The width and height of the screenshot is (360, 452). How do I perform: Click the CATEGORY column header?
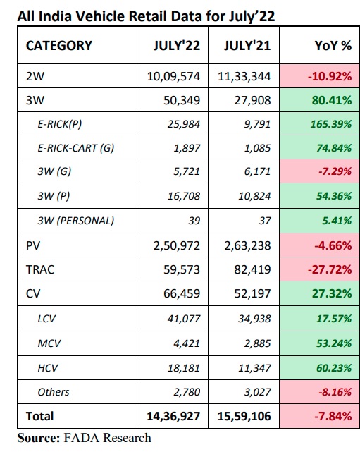click(59, 46)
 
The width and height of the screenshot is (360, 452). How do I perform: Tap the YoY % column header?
click(333, 46)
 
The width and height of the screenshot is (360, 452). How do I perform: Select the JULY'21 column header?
click(247, 46)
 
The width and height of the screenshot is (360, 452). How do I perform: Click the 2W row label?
click(35, 76)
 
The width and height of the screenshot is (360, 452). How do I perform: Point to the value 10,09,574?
click(173, 76)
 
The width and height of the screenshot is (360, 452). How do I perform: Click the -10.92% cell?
click(330, 76)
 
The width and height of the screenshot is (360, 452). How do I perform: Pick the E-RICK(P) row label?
click(60, 124)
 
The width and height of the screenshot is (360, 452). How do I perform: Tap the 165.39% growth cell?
click(331, 124)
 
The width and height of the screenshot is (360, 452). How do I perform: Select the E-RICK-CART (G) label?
click(76, 148)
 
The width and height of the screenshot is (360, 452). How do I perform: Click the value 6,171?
click(257, 171)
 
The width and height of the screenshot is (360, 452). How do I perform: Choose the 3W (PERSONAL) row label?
click(76, 221)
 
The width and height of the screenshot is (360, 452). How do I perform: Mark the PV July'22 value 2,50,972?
click(177, 245)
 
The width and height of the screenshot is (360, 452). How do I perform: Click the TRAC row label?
click(40, 269)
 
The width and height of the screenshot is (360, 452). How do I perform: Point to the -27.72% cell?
click(330, 269)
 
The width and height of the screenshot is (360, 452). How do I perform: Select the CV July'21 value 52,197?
click(253, 293)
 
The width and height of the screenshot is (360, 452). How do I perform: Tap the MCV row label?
click(49, 343)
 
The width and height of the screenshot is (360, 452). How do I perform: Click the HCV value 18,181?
click(184, 368)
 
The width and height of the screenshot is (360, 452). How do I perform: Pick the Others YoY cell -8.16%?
click(335, 392)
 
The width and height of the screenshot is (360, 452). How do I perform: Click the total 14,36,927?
click(173, 416)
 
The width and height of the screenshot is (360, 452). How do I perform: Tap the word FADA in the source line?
click(82, 438)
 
